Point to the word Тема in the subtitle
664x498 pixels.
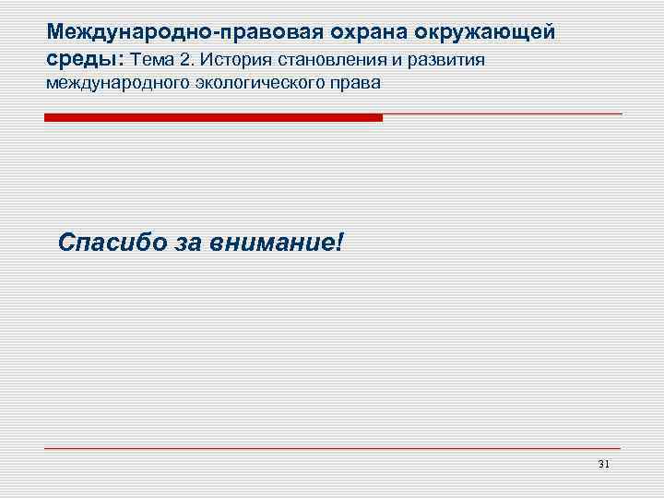(156, 60)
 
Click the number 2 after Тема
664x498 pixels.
(189, 60)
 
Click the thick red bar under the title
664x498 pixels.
(213, 118)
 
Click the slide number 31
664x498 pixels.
(604, 463)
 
